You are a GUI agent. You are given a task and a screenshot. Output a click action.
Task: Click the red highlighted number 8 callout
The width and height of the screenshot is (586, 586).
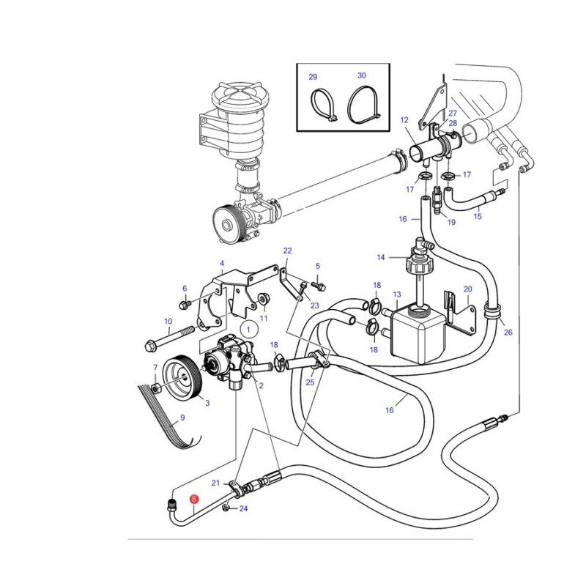(194, 499)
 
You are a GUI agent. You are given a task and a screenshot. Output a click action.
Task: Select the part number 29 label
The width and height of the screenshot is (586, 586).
(313, 77)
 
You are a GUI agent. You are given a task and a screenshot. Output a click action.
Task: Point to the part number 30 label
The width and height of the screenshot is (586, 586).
(361, 75)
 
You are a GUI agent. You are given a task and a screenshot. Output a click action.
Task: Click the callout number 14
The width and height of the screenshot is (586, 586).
(380, 257)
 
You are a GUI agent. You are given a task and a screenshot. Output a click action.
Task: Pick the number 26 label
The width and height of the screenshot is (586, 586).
(508, 332)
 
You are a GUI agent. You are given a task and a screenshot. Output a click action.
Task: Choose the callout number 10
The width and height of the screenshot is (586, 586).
(168, 321)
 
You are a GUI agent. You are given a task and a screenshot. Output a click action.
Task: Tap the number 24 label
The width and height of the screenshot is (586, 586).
(243, 508)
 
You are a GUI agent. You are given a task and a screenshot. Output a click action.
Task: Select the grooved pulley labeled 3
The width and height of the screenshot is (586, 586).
(182, 378)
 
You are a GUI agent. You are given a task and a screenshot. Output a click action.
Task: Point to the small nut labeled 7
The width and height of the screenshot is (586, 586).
(156, 388)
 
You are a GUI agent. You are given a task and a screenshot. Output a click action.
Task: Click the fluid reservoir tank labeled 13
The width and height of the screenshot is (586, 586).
(418, 333)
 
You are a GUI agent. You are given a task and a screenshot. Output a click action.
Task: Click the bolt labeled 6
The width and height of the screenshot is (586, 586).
(185, 304)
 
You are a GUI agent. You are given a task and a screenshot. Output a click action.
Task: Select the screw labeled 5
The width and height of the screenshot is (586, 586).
(320, 286)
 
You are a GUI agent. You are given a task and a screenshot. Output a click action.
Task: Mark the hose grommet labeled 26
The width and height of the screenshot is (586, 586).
(492, 311)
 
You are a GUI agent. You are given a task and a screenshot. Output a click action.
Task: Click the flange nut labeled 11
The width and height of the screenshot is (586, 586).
(264, 298)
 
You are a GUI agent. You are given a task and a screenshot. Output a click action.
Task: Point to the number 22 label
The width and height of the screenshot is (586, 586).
(287, 251)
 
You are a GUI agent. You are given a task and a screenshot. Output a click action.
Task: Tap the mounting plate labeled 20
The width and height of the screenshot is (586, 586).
(461, 314)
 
